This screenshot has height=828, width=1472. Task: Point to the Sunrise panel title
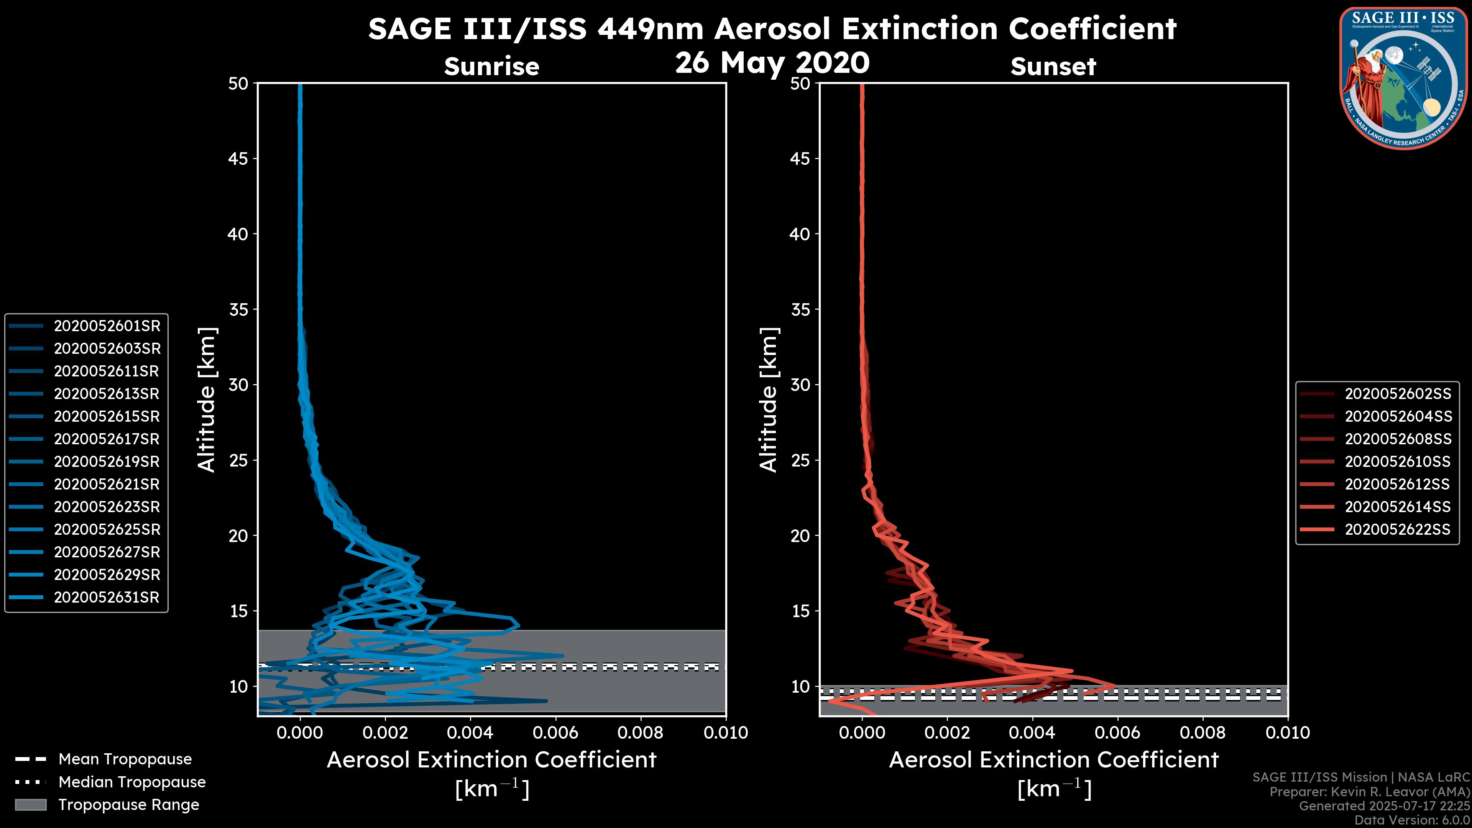click(x=491, y=66)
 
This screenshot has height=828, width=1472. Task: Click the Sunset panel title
click(x=1053, y=66)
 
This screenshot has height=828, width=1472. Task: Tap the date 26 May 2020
click(x=772, y=62)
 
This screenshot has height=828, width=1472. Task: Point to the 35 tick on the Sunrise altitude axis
click(x=238, y=309)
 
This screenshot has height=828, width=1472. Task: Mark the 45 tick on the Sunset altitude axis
click(x=800, y=158)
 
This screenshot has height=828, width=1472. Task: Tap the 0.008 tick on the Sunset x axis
click(x=1203, y=733)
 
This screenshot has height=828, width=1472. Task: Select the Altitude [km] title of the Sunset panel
click(x=769, y=399)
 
